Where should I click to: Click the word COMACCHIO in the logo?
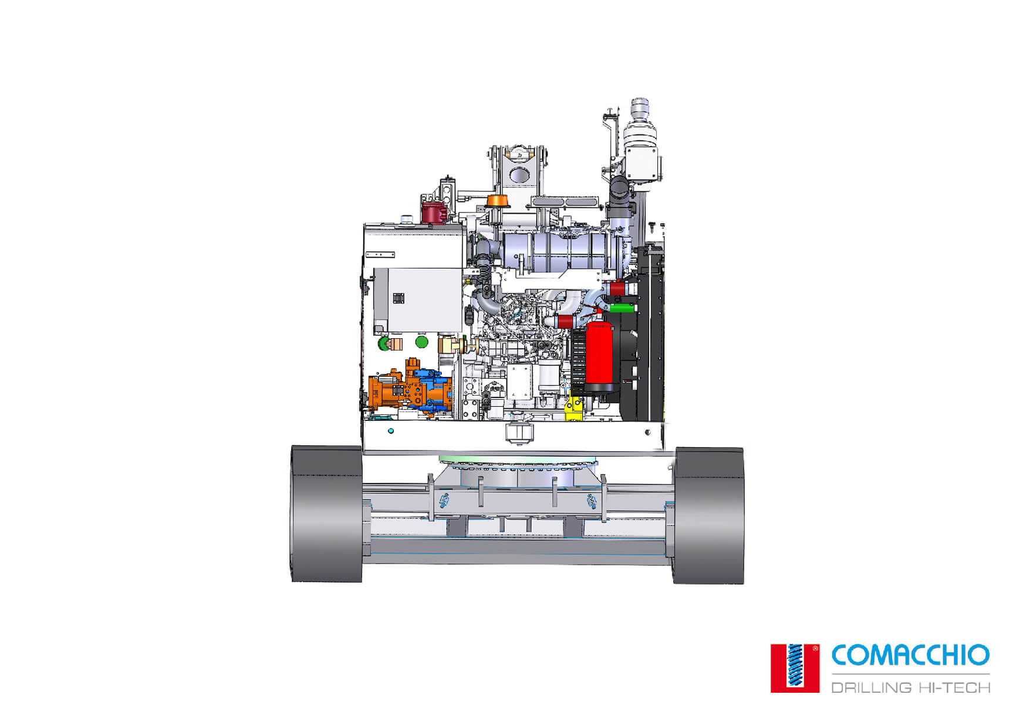910,655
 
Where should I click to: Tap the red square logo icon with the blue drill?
795,668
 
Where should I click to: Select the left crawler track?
326,514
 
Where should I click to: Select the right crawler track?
708,515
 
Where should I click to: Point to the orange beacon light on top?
497,200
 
